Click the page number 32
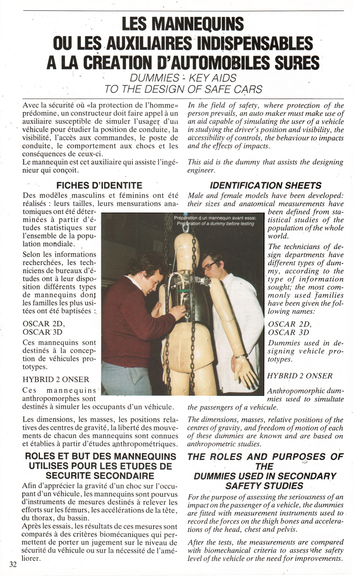(13, 565)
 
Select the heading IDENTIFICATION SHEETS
(266, 185)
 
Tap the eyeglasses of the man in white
(209, 266)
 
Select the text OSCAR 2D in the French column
(44, 324)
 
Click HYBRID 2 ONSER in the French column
(56, 380)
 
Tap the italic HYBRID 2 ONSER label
(300, 376)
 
